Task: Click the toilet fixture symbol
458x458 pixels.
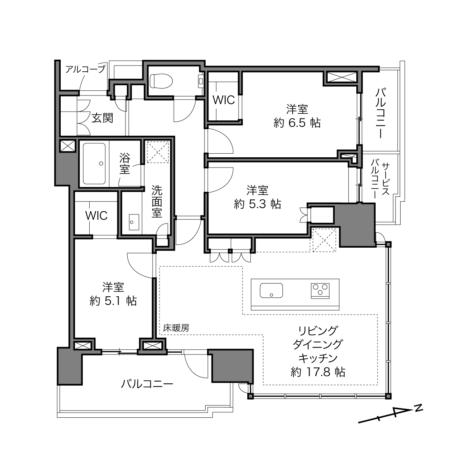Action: pyautogui.click(x=162, y=81)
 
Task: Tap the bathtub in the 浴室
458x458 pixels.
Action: pyautogui.click(x=94, y=164)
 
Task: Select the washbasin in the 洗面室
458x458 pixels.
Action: pyautogui.click(x=134, y=222)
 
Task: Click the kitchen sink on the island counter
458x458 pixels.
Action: pyautogui.click(x=271, y=290)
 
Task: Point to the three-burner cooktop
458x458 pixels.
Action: pyautogui.click(x=320, y=291)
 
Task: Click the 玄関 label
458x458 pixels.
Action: pyautogui.click(x=102, y=118)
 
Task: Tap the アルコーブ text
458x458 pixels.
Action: pyautogui.click(x=85, y=69)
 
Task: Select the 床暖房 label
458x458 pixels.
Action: pyautogui.click(x=176, y=328)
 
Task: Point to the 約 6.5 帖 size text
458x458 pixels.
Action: pyautogui.click(x=297, y=123)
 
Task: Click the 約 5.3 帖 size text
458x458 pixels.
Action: pyautogui.click(x=258, y=204)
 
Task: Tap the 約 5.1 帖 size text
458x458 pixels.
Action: pyautogui.click(x=113, y=301)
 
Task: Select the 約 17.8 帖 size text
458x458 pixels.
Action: pyautogui.click(x=318, y=372)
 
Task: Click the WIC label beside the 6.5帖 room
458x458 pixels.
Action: pyautogui.click(x=224, y=100)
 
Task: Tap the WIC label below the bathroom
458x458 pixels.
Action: pyautogui.click(x=96, y=215)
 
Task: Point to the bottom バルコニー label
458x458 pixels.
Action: pyautogui.click(x=147, y=384)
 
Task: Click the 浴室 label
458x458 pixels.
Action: pyautogui.click(x=124, y=164)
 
